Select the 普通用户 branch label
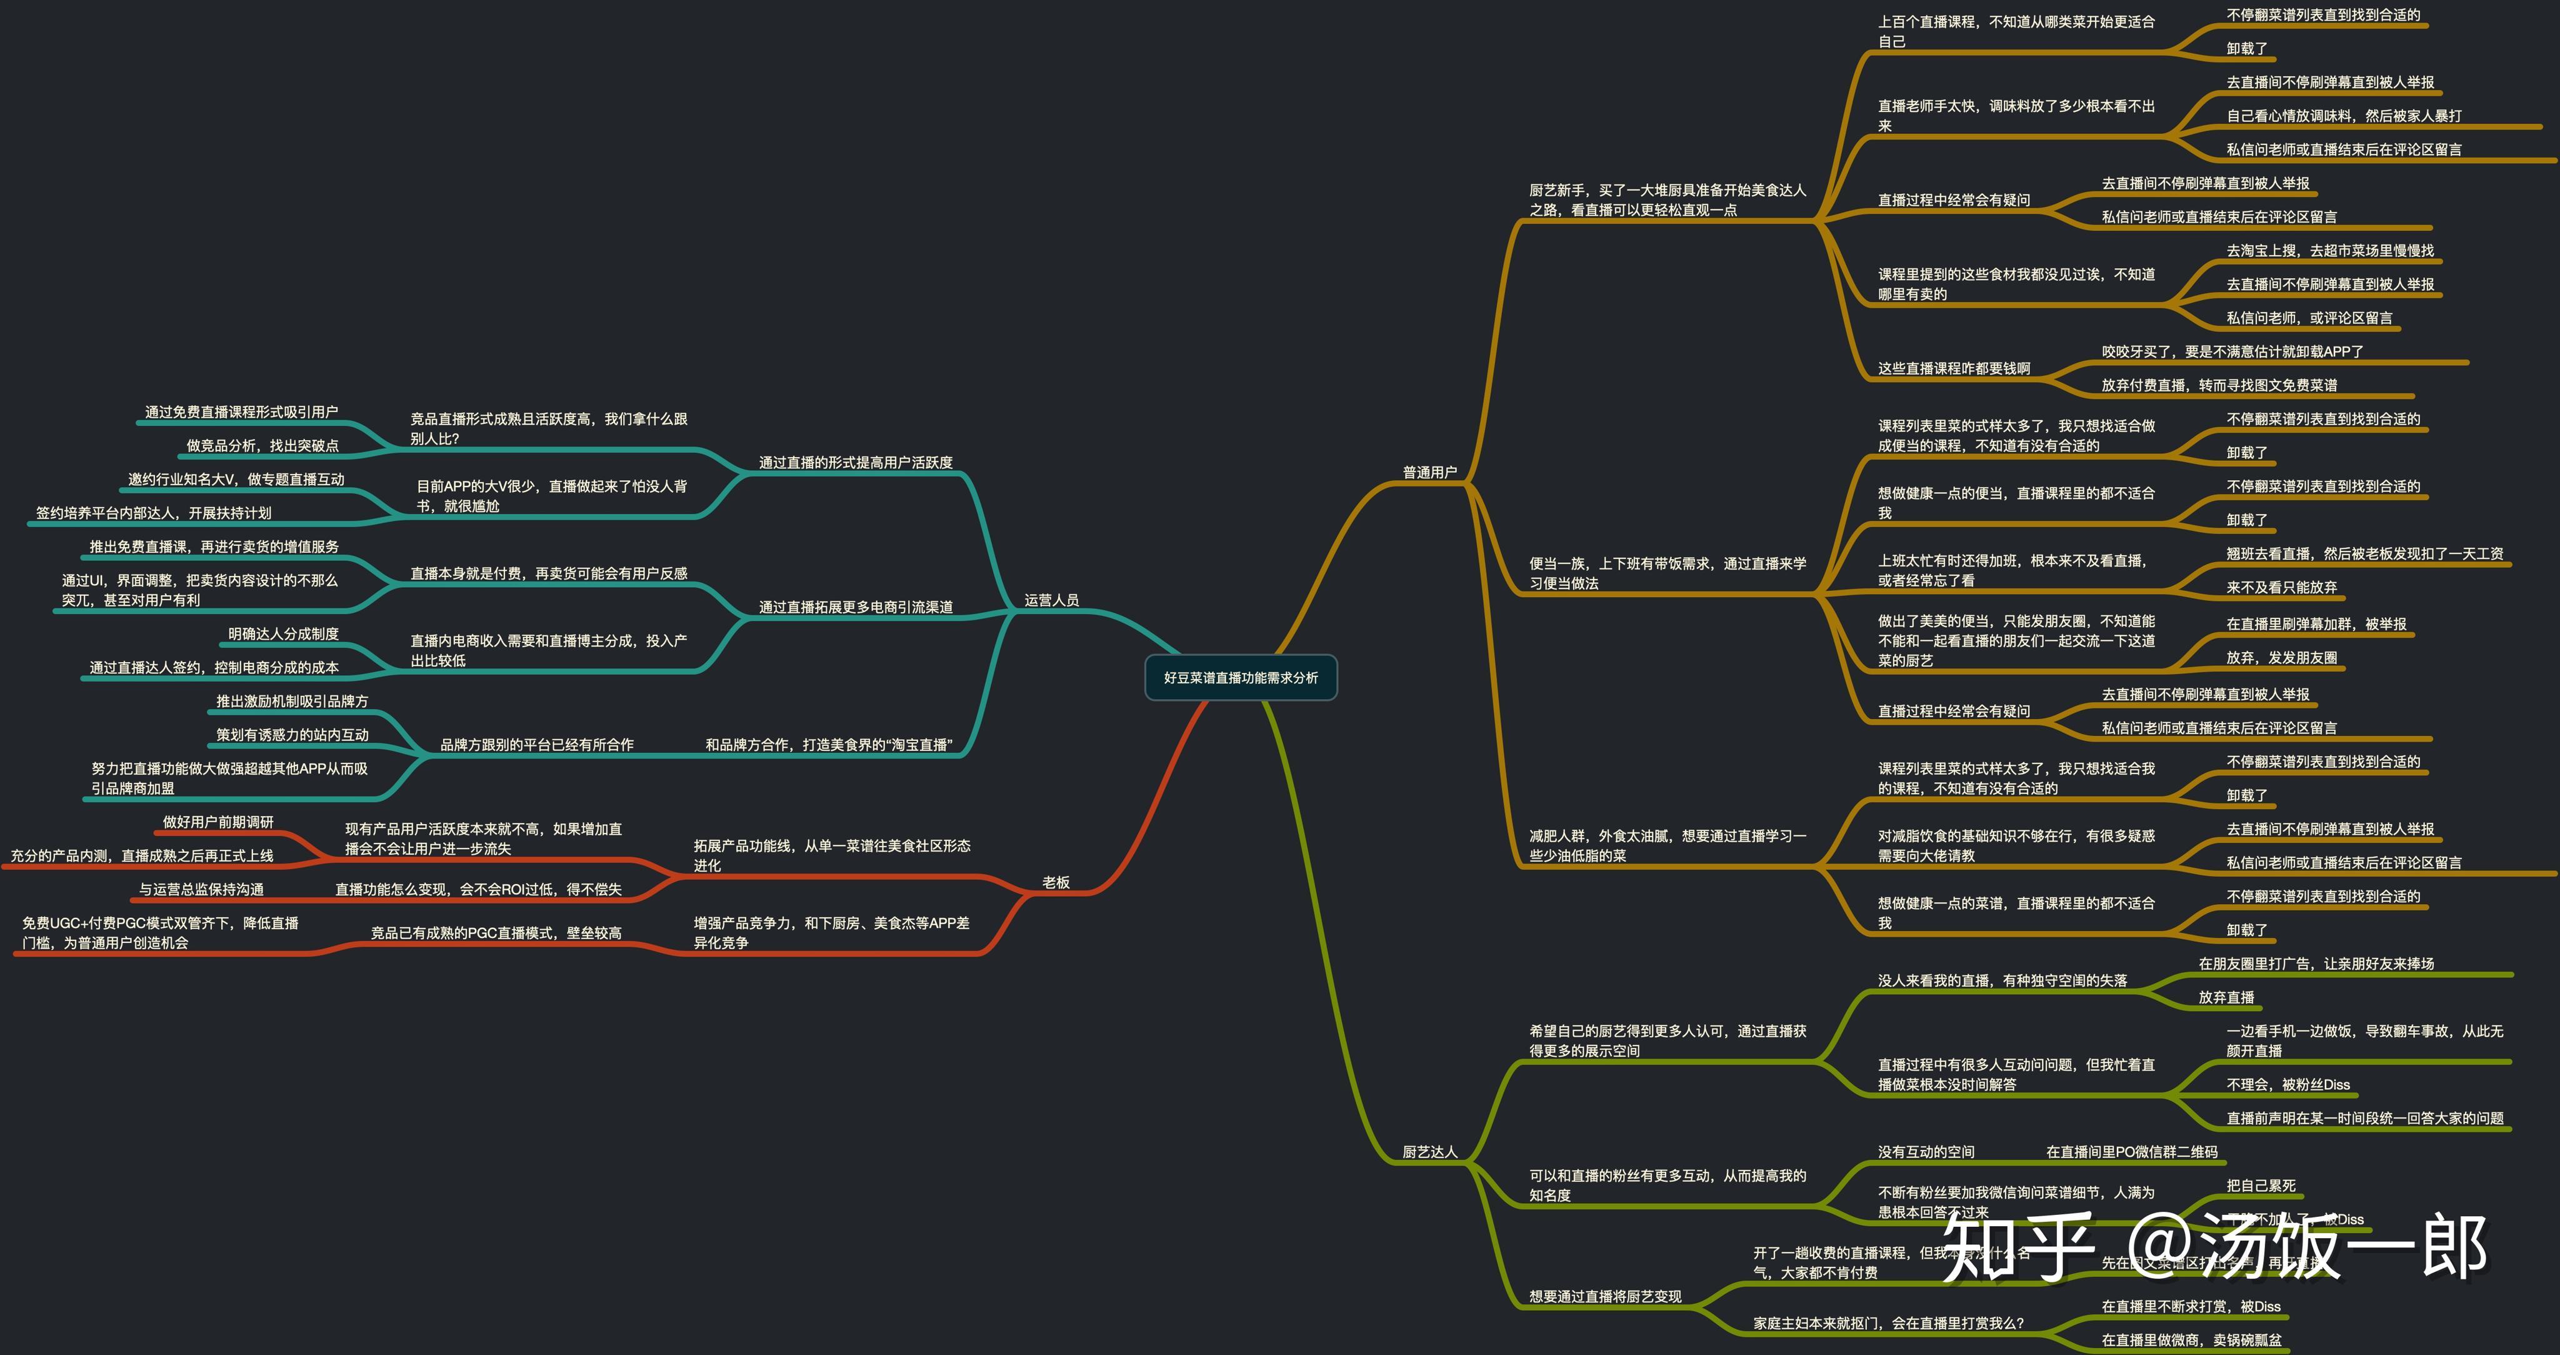click(1429, 472)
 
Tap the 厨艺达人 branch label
click(1429, 1151)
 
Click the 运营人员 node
click(1051, 600)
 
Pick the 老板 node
click(1056, 882)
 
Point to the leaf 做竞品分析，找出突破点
click(262, 445)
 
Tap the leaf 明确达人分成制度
click(283, 633)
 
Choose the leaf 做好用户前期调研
click(217, 821)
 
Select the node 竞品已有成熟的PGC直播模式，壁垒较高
click(496, 932)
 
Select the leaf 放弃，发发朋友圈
click(2282, 657)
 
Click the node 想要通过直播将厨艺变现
click(1605, 1296)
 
